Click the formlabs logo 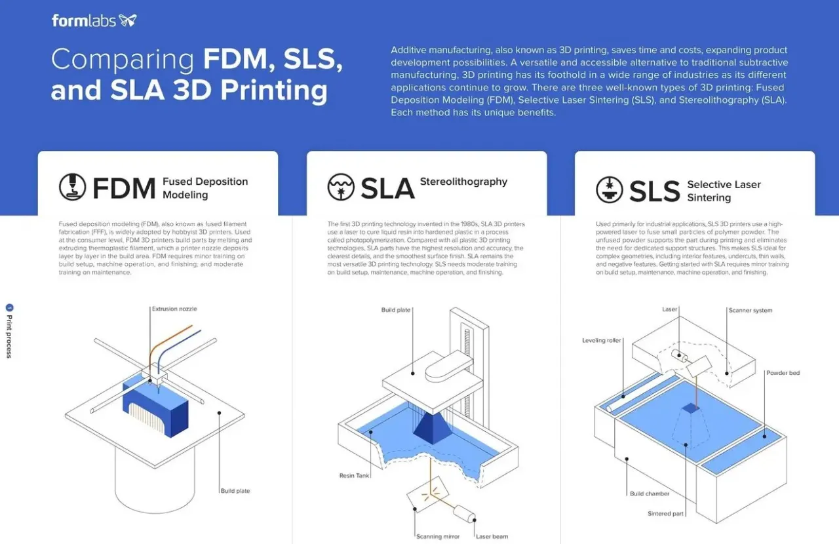(94, 20)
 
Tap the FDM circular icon (73, 187)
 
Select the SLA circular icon (341, 187)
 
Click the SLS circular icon (610, 190)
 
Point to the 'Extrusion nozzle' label (174, 309)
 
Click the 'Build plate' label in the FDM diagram (235, 490)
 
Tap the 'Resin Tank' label (355, 475)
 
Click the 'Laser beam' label (492, 536)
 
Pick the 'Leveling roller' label (602, 341)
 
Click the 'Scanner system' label (751, 311)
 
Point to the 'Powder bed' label (783, 373)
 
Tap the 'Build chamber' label (650, 494)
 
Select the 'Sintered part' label (665, 513)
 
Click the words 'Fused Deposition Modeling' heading (205, 188)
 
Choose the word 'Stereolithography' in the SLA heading (463, 182)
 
